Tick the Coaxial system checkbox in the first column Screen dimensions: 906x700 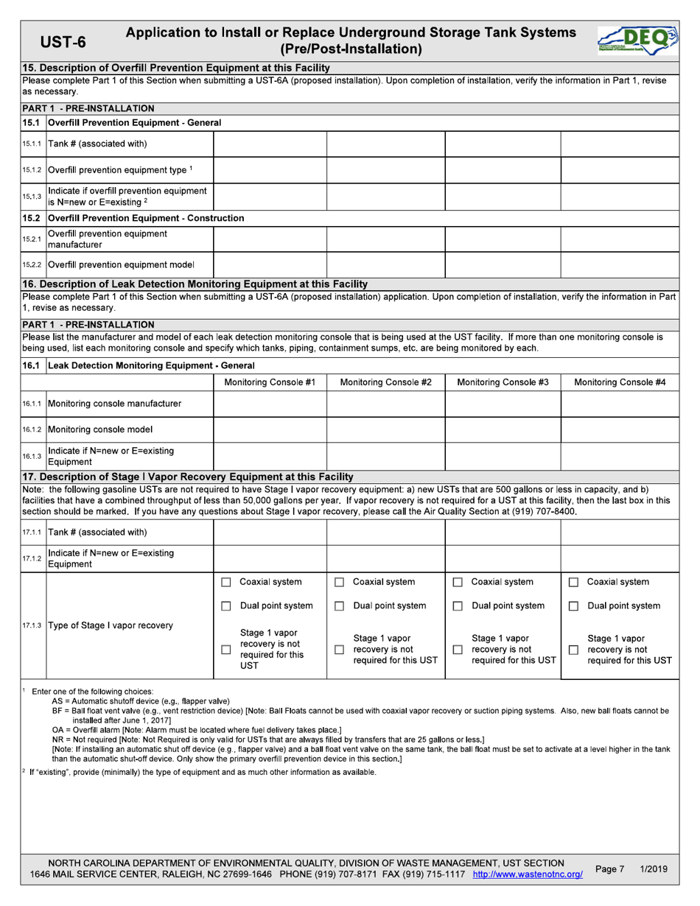click(226, 583)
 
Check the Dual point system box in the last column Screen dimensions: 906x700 click(573, 606)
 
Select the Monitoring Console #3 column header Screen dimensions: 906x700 click(503, 382)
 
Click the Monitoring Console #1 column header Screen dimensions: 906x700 click(270, 382)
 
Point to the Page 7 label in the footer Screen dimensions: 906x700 click(609, 870)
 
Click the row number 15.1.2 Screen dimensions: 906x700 click(32, 170)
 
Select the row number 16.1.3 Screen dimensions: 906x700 click(32, 457)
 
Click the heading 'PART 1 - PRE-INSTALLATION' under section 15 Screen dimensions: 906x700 click(88, 108)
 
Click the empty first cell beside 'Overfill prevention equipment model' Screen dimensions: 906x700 click(270, 264)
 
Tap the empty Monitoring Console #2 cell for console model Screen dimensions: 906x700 click(385, 429)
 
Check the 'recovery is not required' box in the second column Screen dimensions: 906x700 click(339, 650)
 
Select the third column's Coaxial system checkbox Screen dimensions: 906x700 click(457, 583)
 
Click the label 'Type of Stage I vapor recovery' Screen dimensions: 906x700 click(111, 625)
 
